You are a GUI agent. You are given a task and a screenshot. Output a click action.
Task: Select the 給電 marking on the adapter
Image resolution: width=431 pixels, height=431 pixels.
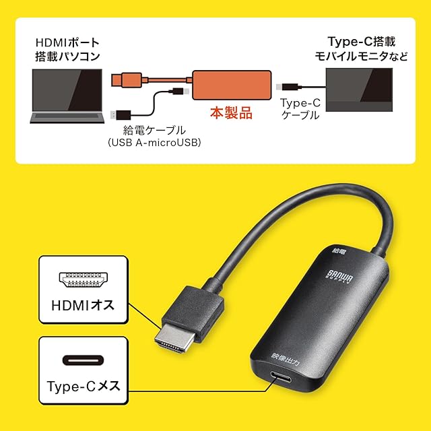338,251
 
